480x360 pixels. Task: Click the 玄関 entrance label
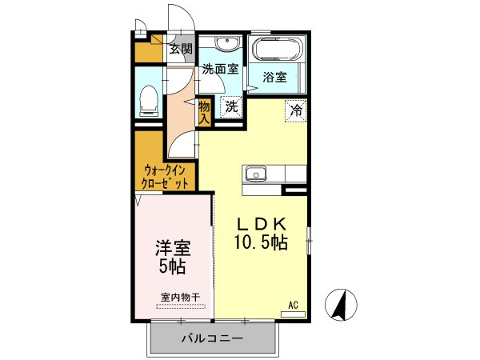point(181,49)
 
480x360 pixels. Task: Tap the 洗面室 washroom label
point(219,69)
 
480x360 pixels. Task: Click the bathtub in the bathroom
point(276,50)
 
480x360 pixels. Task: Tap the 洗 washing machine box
point(230,105)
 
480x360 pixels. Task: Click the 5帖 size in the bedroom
point(172,266)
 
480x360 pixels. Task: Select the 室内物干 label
point(180,298)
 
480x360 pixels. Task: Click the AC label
point(293,304)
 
